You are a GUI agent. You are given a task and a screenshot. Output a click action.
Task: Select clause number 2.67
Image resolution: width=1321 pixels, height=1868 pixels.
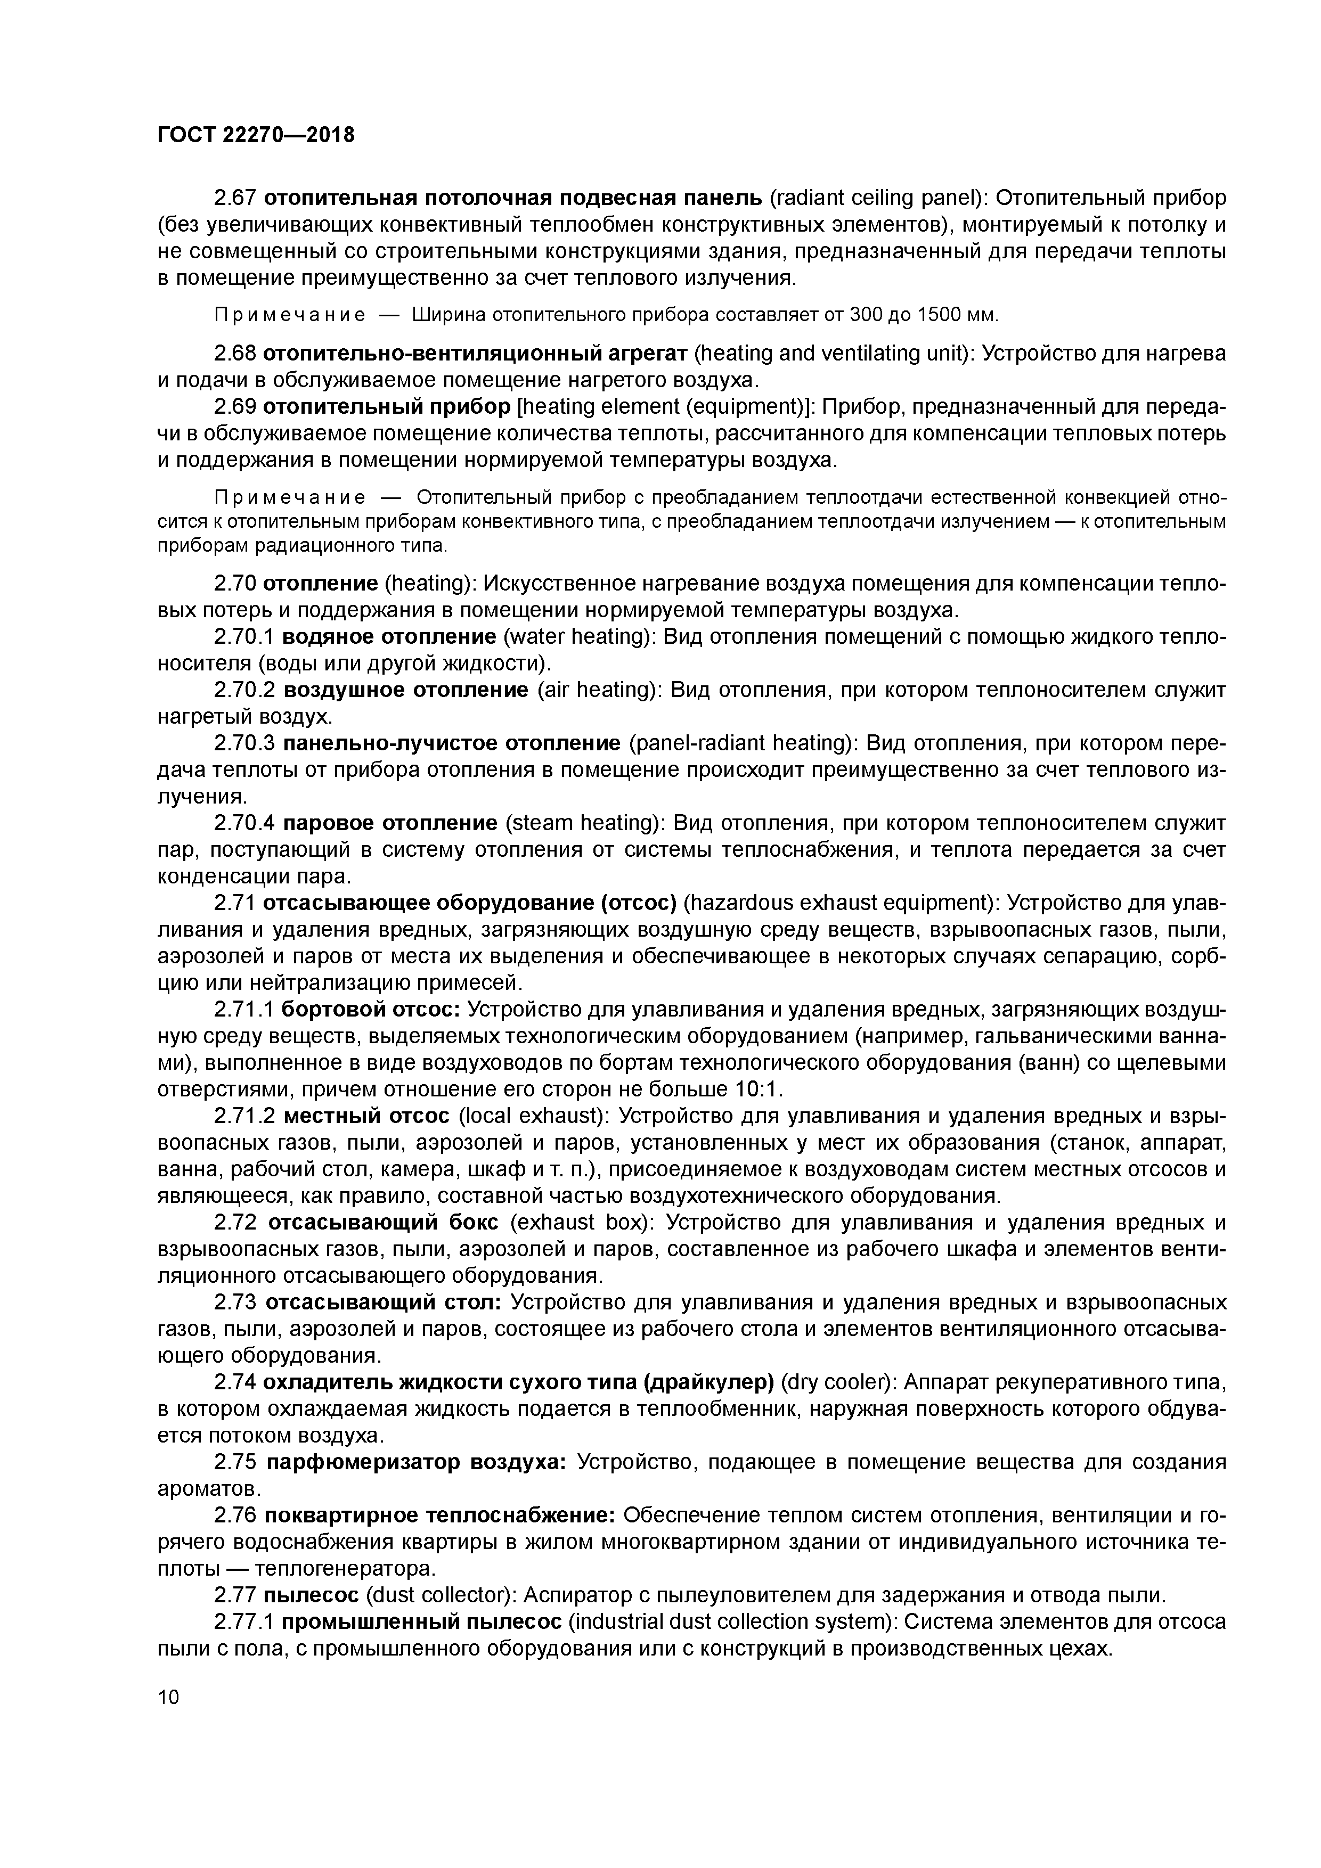pos(235,198)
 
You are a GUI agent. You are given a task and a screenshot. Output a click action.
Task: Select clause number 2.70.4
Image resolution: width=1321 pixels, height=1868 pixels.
pos(246,823)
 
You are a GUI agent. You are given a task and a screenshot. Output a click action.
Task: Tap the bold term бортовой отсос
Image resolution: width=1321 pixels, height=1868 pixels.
pos(371,1010)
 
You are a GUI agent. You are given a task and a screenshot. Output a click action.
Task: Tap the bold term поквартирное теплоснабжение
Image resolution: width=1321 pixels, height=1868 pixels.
pos(441,1515)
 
